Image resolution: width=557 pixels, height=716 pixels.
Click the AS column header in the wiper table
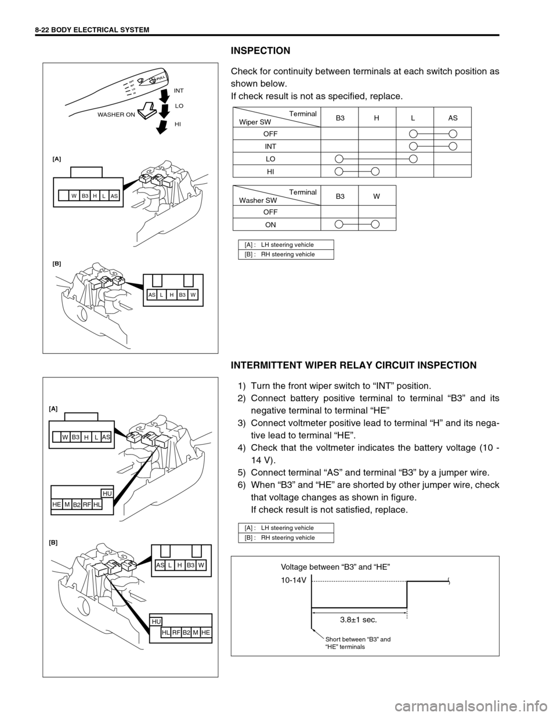pyautogui.click(x=453, y=118)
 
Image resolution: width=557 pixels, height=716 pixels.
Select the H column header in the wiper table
pyautogui.click(x=377, y=118)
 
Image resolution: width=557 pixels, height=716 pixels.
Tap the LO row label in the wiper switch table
pyautogui.click(x=270, y=158)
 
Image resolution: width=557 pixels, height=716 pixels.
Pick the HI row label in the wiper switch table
pyautogui.click(x=270, y=171)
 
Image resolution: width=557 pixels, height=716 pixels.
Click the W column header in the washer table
pyautogui.click(x=377, y=196)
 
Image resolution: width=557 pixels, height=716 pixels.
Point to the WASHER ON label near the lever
pyautogui.click(x=116, y=114)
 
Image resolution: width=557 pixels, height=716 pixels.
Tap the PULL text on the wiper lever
pyautogui.click(x=161, y=77)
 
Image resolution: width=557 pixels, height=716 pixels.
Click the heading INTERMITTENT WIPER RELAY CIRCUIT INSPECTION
pyautogui.click(x=353, y=365)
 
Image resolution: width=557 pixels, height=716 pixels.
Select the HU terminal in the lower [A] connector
pyautogui.click(x=107, y=493)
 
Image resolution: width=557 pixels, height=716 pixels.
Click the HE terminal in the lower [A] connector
pyautogui.click(x=57, y=504)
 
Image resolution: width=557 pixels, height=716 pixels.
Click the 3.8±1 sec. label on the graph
pyautogui.click(x=359, y=619)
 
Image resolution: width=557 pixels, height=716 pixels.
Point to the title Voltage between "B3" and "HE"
pyautogui.click(x=335, y=566)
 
